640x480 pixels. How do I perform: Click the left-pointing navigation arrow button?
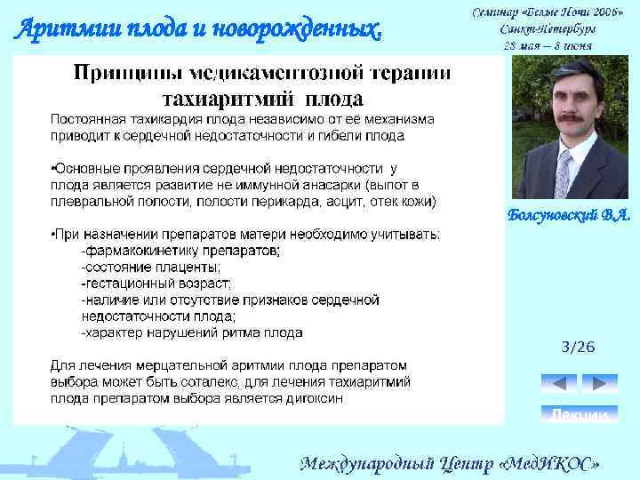(x=559, y=384)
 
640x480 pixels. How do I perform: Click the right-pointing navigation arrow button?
(x=600, y=384)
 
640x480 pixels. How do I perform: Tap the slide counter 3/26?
(x=579, y=347)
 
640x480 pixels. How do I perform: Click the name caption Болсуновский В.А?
(x=569, y=216)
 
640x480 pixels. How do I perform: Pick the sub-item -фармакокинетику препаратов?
(x=180, y=252)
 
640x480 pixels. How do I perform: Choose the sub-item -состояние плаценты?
(x=151, y=268)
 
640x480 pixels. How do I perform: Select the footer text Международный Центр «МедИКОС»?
(x=451, y=463)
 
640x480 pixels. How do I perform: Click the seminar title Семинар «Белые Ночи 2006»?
(x=547, y=12)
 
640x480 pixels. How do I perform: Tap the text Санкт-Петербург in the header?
(x=547, y=29)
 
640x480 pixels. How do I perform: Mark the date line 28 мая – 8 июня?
(x=547, y=45)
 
